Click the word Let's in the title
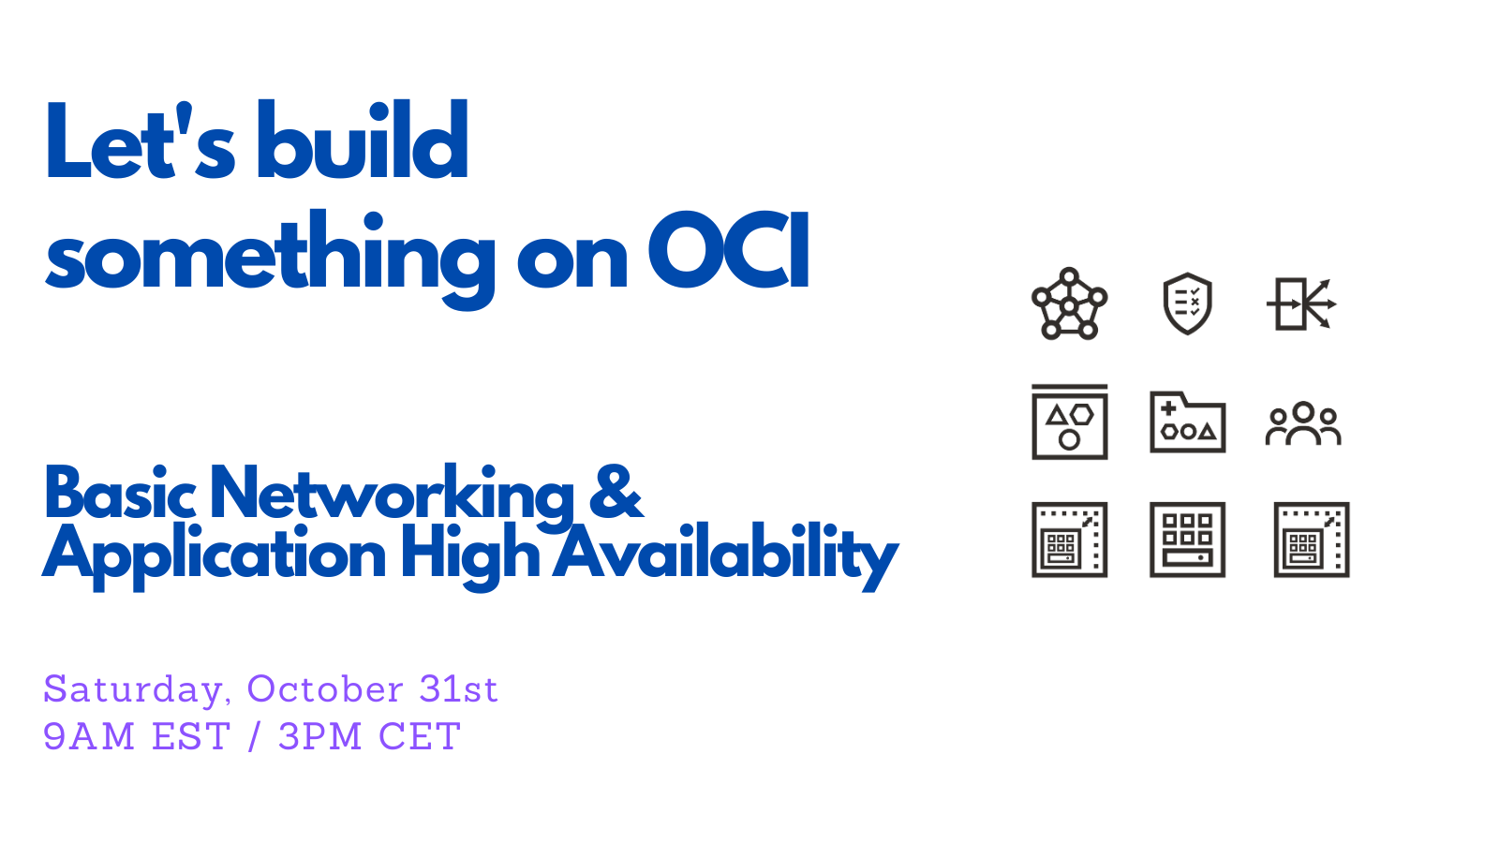pos(140,140)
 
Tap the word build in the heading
pos(362,140)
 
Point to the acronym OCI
pos(728,250)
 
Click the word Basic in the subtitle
pos(120,492)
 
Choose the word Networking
pos(393,496)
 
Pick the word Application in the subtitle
pos(215,556)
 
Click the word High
pos(470,556)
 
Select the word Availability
pos(725,556)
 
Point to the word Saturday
pos(133,689)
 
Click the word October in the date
pos(325,688)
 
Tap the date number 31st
pos(458,688)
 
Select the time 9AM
pos(89,736)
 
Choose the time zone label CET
pos(420,736)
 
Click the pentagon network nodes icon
pos(1069,304)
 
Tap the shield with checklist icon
pos(1187,303)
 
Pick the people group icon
pos(1303,423)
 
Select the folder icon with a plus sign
pos(1188,421)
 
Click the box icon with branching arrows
pos(1301,303)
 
